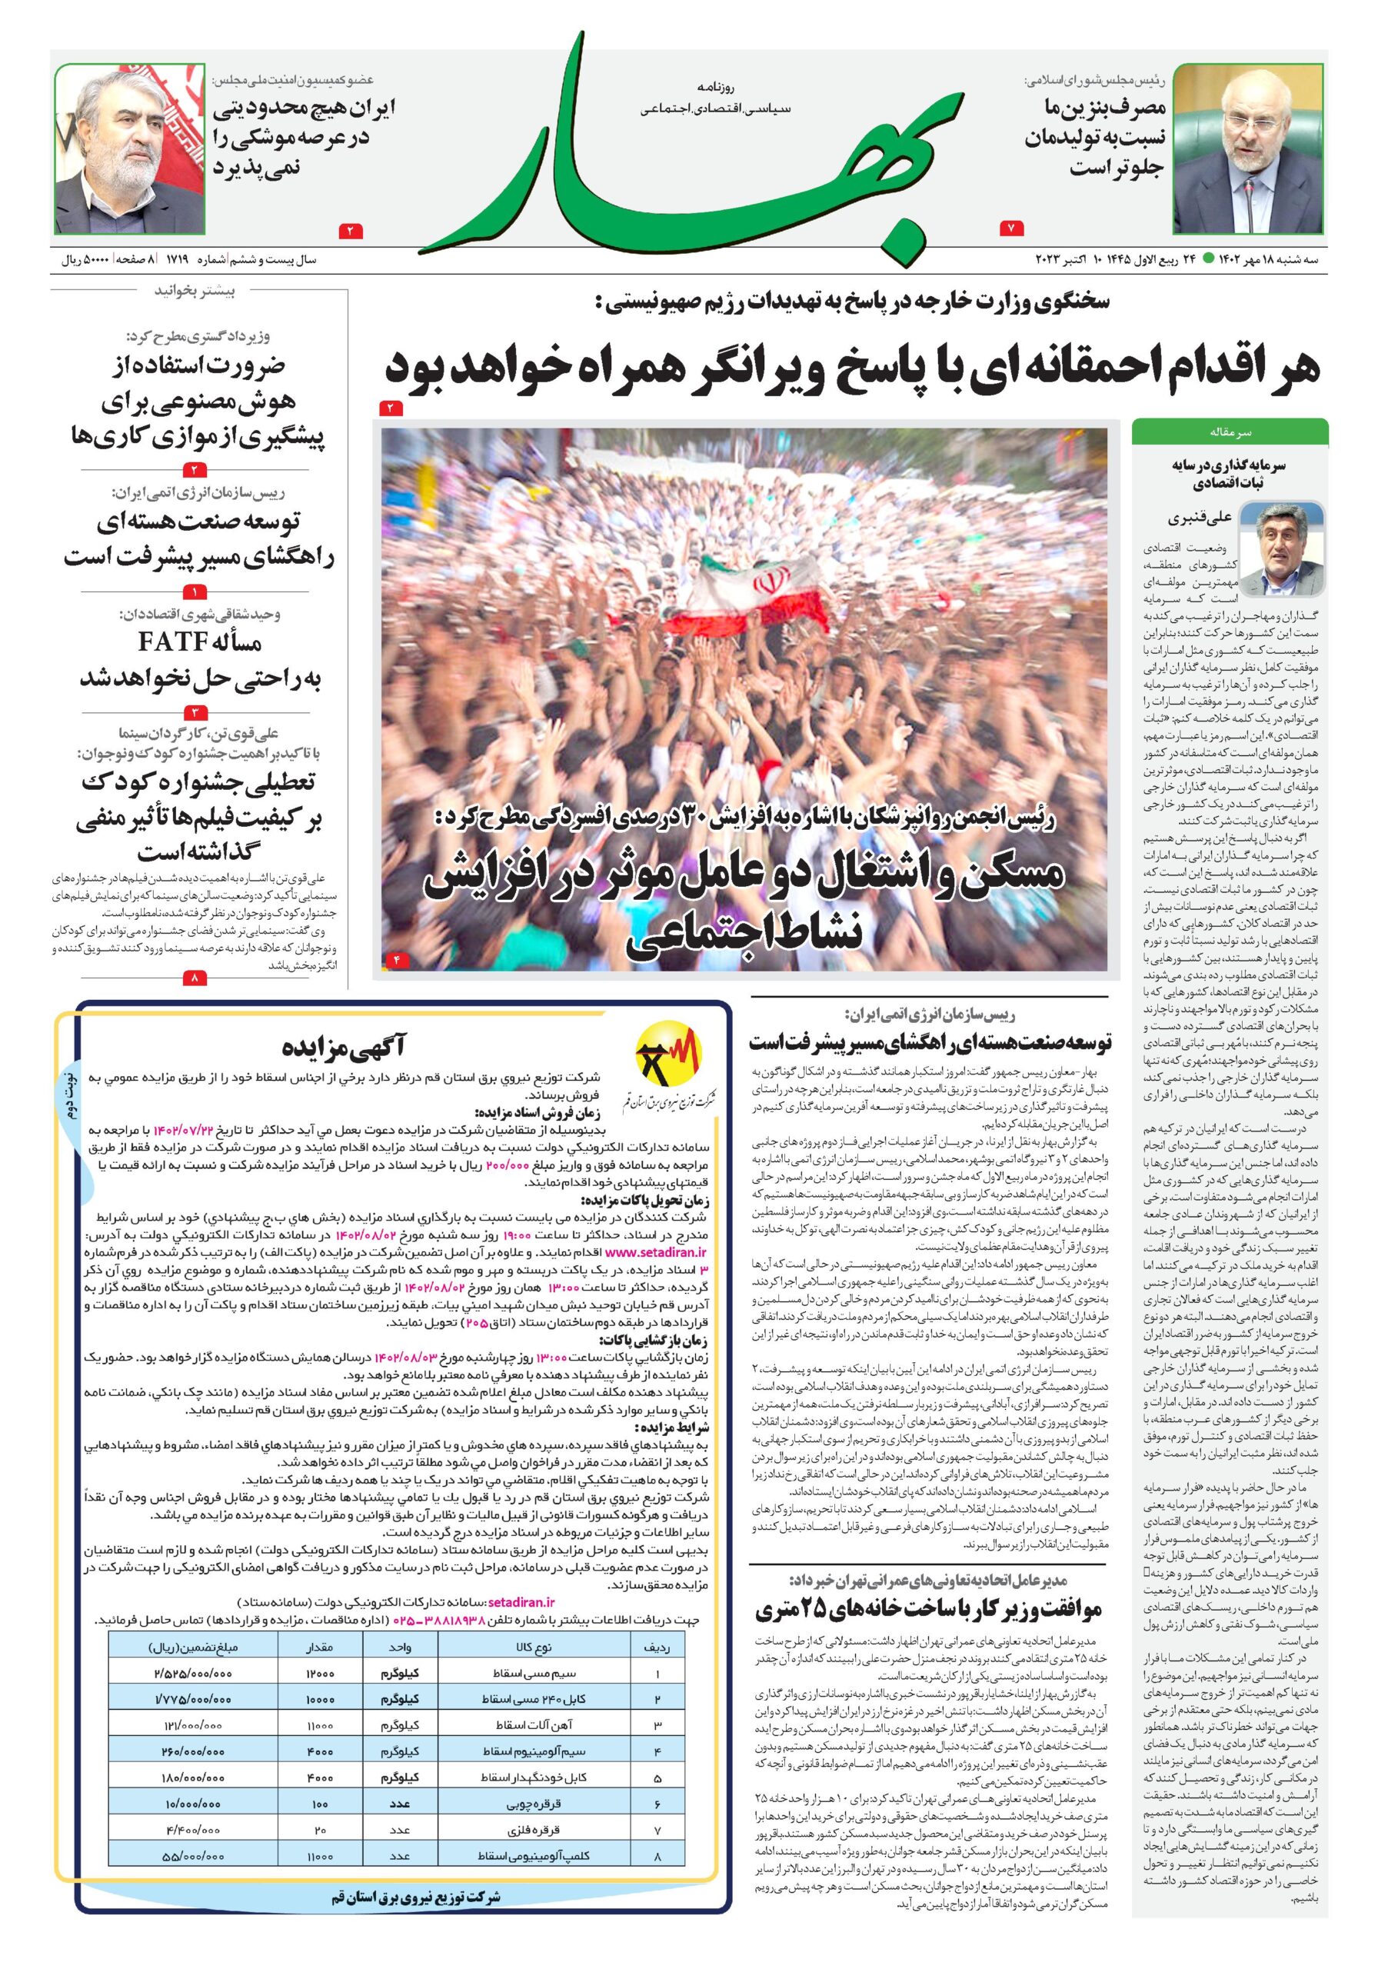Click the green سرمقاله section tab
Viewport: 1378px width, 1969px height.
point(1230,432)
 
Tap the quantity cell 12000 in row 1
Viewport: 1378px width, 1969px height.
point(320,1673)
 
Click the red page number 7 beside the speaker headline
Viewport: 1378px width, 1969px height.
point(1012,229)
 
